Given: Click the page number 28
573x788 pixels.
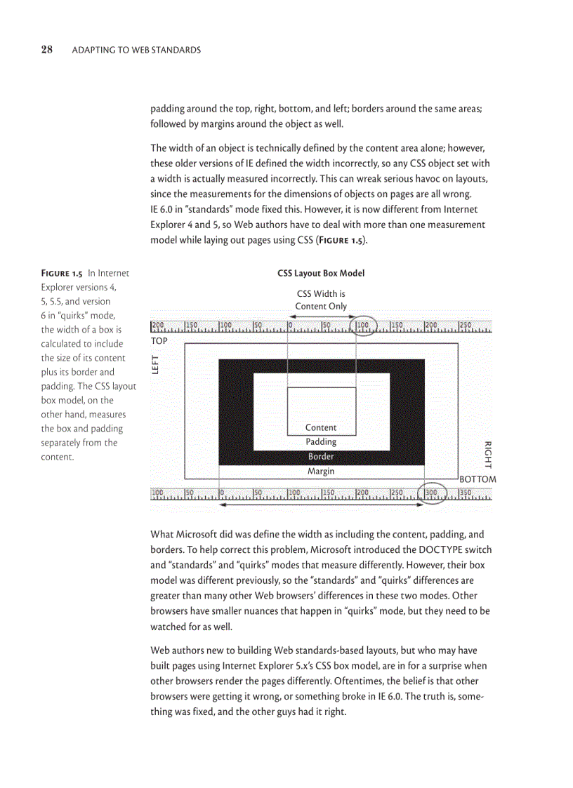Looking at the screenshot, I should click(x=47, y=49).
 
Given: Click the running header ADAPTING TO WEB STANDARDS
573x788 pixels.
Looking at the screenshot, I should click(x=136, y=50).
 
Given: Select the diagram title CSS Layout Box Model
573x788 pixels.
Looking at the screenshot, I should click(x=321, y=273).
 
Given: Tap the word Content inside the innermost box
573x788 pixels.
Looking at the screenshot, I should click(x=321, y=427).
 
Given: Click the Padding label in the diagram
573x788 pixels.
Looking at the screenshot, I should click(x=321, y=442).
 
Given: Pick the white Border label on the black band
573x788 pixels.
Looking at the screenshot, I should click(x=321, y=457).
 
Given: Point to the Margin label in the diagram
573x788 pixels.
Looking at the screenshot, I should click(x=321, y=472).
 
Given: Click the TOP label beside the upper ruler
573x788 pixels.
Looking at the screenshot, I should click(x=160, y=340).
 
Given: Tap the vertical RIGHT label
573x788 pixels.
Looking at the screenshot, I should click(x=487, y=455).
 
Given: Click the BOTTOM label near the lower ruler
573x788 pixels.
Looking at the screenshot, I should click(x=477, y=479).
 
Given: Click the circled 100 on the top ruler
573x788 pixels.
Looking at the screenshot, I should click(x=363, y=326).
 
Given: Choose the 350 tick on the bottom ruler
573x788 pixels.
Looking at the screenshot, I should click(x=466, y=493).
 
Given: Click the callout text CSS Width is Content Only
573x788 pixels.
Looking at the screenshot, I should click(x=321, y=300).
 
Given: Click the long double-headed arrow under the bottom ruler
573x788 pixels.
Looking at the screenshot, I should click(x=320, y=505).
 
